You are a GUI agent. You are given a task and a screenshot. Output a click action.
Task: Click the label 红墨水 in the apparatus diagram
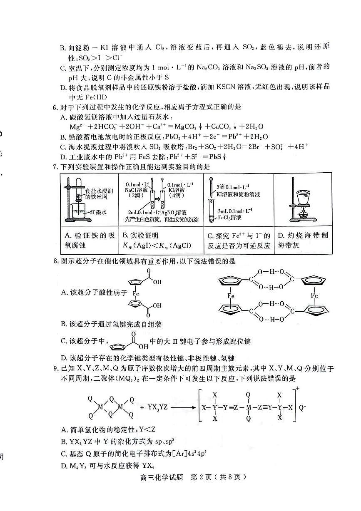pos(99,211)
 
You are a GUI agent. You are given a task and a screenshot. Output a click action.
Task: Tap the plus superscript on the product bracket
pos(296,388)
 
